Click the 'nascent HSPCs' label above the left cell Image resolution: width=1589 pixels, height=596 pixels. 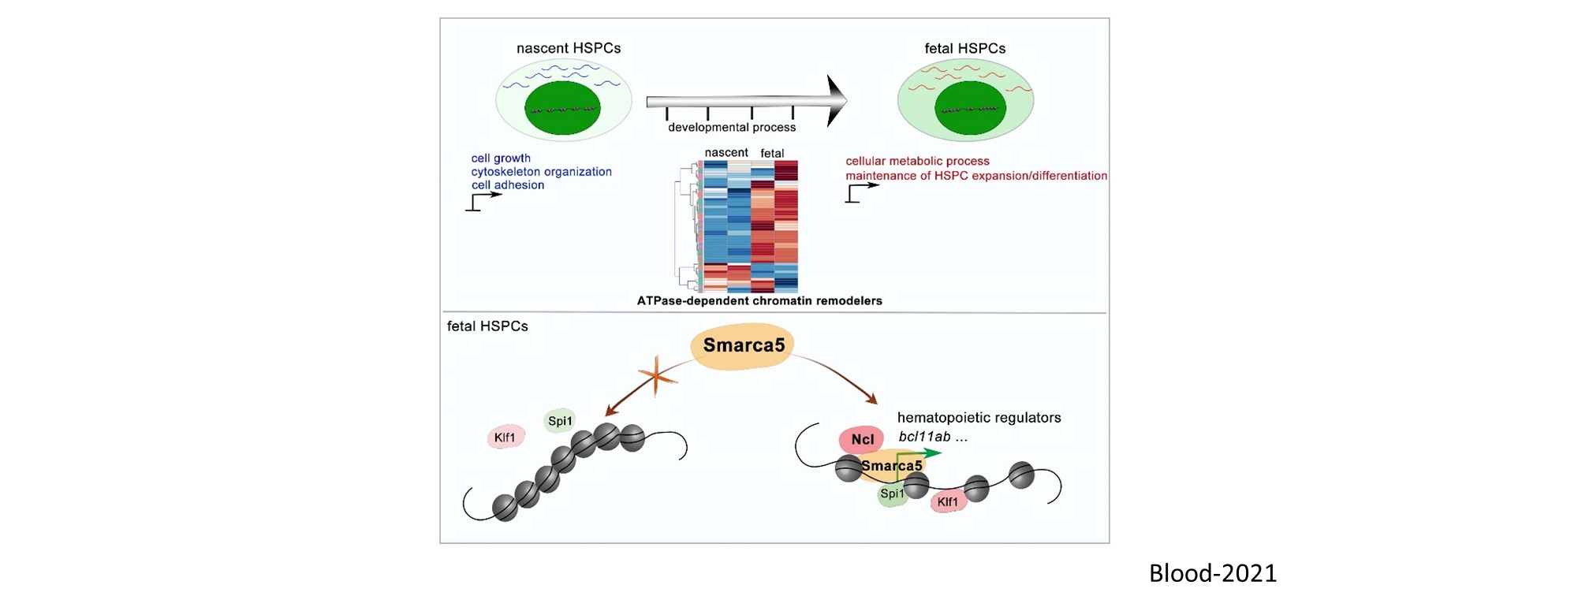point(568,48)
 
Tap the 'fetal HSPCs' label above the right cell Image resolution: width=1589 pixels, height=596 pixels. point(964,48)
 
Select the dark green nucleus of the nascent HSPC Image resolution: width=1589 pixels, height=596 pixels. point(562,108)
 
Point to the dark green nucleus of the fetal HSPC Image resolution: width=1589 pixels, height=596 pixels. point(970,108)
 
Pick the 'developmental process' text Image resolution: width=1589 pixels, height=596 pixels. point(732,128)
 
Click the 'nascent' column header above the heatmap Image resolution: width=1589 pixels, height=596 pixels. point(725,153)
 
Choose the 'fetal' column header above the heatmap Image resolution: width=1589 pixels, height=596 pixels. point(772,154)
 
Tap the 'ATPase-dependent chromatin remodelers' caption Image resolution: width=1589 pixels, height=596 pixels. point(759,301)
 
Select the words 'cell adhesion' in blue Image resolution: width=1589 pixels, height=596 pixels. point(508,185)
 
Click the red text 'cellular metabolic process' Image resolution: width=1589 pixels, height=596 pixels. point(917,161)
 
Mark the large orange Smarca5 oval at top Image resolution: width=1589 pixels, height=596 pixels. point(743,346)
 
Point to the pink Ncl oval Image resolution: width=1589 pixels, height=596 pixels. point(862,440)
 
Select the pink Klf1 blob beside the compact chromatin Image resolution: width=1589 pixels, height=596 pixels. point(505,438)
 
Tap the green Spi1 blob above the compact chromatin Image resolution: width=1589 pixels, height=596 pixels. point(560,421)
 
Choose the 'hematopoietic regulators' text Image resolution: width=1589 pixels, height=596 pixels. point(979,418)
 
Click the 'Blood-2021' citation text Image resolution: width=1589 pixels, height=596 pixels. point(1212,573)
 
